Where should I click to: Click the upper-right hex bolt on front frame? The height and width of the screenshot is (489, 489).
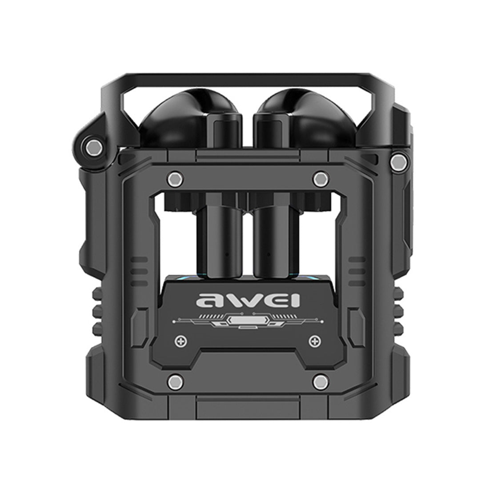click(x=319, y=179)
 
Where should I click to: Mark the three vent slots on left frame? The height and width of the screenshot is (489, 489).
click(x=140, y=267)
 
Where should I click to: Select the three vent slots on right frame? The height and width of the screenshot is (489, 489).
click(x=355, y=267)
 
